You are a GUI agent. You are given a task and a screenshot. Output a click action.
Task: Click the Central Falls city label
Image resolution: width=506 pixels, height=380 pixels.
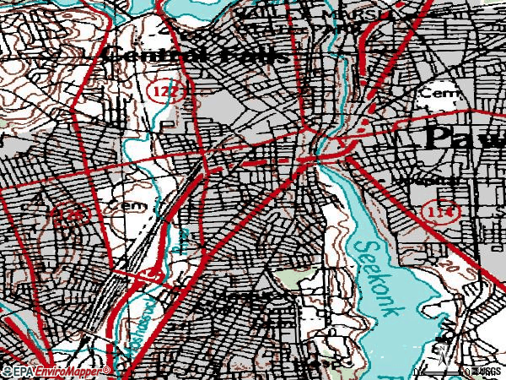tap(196, 55)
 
